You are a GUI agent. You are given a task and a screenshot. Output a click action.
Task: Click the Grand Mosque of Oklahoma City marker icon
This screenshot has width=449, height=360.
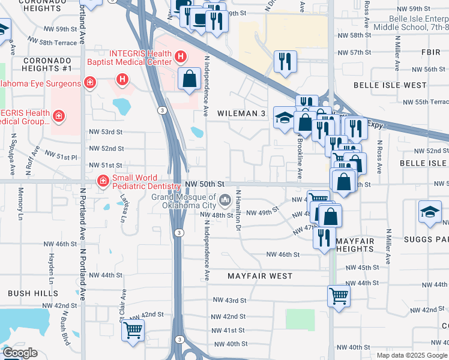(x=225, y=199)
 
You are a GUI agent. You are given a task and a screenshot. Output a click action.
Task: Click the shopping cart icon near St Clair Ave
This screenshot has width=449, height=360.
(x=133, y=330)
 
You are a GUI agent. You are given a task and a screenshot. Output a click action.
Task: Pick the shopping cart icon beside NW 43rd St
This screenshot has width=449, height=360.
(x=339, y=295)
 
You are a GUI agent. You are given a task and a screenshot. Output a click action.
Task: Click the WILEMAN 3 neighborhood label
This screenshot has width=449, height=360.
(x=241, y=113)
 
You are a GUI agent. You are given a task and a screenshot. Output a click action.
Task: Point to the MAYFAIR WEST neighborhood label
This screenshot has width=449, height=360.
(x=260, y=276)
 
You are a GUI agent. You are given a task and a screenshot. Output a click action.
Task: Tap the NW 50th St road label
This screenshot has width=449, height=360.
(x=205, y=183)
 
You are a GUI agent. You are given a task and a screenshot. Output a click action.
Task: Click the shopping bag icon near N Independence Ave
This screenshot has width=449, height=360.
(x=189, y=79)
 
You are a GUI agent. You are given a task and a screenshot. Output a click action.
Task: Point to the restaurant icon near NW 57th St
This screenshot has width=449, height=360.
(x=285, y=61)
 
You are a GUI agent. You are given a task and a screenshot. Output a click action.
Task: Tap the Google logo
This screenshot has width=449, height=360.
(x=20, y=353)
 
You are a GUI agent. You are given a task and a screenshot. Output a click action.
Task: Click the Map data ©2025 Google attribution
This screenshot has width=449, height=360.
(x=411, y=355)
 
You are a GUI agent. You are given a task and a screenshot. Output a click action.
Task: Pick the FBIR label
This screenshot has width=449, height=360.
(x=431, y=52)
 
